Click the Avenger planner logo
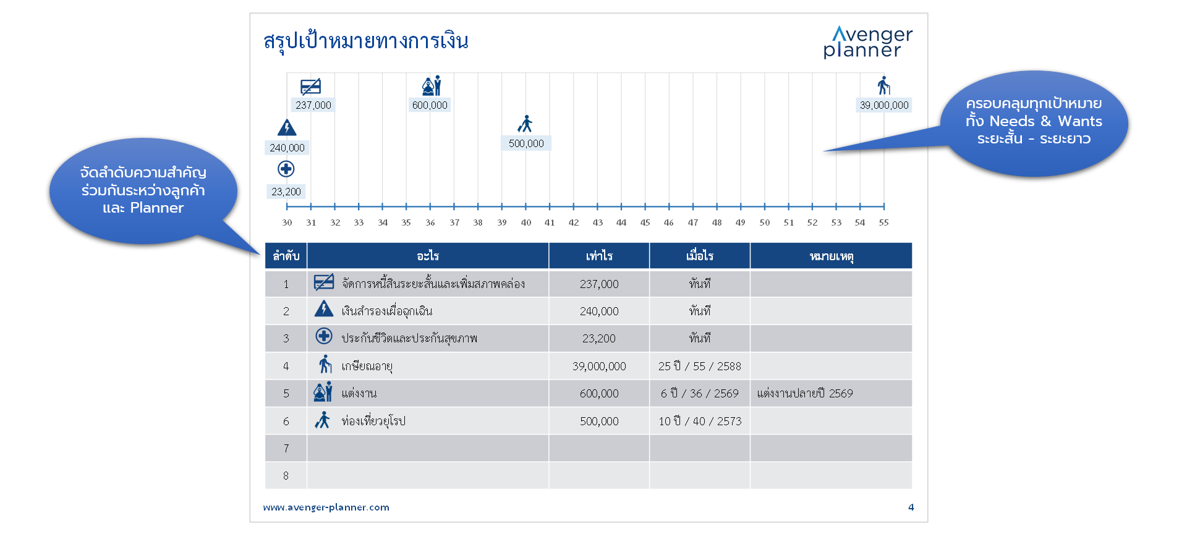coord(868,42)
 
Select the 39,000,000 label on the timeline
coord(884,105)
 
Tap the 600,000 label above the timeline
coord(430,105)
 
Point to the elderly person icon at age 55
coord(884,85)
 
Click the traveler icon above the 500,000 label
coord(525,124)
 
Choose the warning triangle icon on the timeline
coord(287,127)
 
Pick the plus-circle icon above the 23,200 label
coord(286,169)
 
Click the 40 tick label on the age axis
coord(526,222)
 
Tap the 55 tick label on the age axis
coord(884,222)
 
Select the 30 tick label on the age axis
coord(287,222)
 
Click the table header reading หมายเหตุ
coord(832,256)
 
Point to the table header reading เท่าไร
coord(599,256)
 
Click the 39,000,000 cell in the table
coord(599,366)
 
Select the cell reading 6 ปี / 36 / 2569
coord(700,393)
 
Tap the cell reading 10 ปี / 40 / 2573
coord(700,421)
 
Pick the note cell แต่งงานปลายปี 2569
coord(805,393)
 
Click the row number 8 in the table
coord(286,475)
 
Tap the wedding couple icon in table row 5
coord(323,392)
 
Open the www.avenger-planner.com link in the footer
coord(326,507)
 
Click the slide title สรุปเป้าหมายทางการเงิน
coord(366,41)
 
